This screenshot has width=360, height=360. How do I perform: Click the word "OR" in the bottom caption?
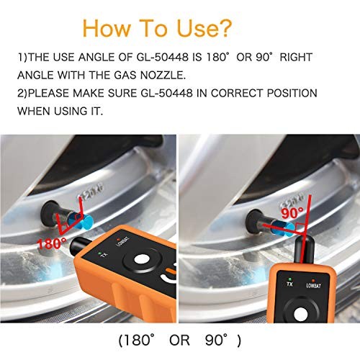tap(181, 338)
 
